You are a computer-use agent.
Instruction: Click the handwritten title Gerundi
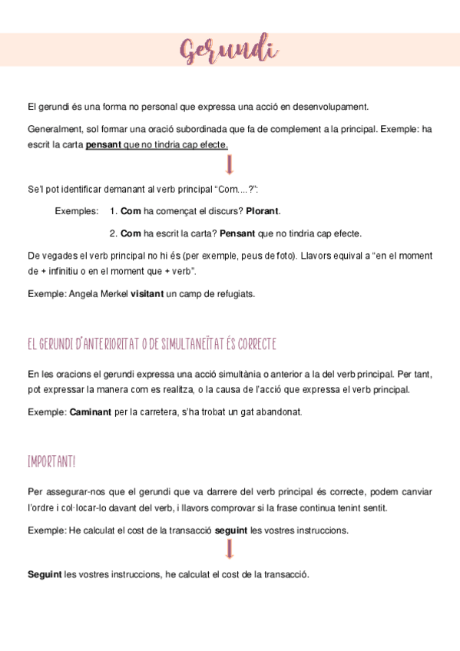click(x=230, y=52)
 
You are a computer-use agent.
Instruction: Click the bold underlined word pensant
click(x=104, y=144)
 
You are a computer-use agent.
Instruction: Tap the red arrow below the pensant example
click(x=230, y=165)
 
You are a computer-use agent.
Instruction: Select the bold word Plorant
click(x=262, y=210)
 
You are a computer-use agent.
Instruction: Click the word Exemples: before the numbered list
click(x=77, y=210)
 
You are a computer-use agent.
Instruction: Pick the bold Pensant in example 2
click(x=237, y=233)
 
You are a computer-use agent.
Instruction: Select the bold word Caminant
click(x=91, y=412)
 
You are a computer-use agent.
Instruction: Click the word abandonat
click(x=278, y=412)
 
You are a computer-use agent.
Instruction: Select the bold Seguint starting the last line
click(x=45, y=573)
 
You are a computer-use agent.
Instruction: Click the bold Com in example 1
click(x=131, y=210)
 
